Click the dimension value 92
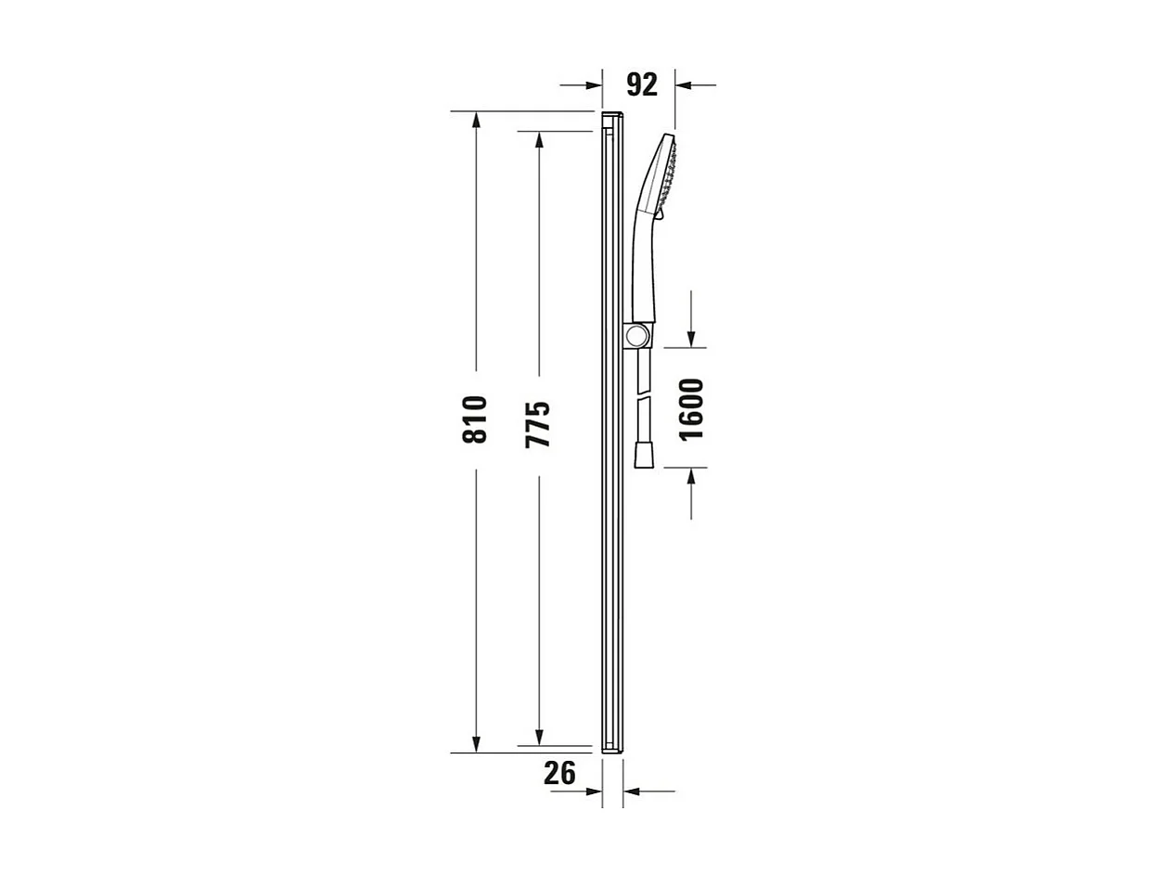point(642,84)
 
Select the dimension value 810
point(475,419)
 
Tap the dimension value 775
point(538,424)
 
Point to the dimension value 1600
point(691,409)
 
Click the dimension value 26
point(559,772)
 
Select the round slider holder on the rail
point(638,335)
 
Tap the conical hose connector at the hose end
point(643,455)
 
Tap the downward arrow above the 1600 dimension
point(691,340)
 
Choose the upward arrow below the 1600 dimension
point(691,476)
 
